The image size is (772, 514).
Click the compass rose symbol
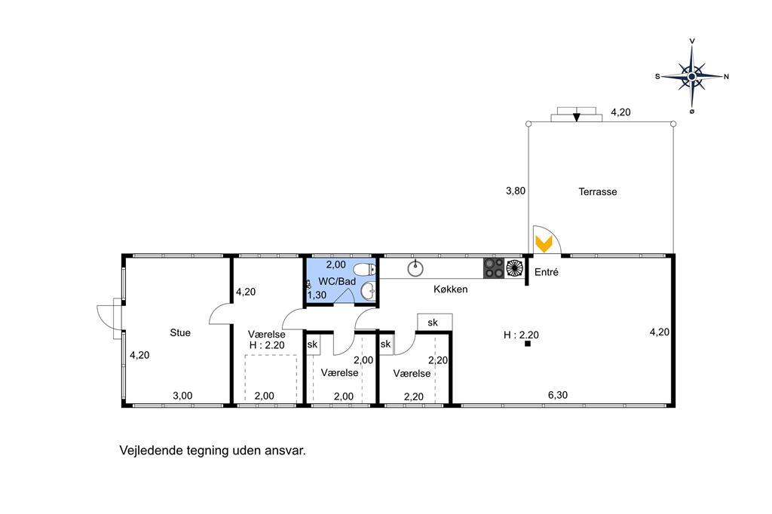[x=692, y=76]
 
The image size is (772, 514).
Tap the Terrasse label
[x=598, y=191]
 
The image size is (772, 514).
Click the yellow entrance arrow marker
[x=544, y=243]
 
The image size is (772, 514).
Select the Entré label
[x=547, y=272]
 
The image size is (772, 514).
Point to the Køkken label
[x=451, y=289]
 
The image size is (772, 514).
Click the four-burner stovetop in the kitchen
[x=494, y=268]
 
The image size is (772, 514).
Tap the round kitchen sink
[x=415, y=268]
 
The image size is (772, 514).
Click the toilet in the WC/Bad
[x=365, y=269]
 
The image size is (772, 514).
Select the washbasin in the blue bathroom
[x=368, y=291]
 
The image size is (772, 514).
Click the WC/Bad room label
[x=337, y=282]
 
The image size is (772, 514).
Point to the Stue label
[x=180, y=333]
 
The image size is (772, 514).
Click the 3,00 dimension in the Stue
[x=182, y=396]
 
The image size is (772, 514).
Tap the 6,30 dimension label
[x=558, y=395]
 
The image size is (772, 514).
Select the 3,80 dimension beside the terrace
[x=516, y=191]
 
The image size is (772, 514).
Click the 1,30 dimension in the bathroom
[x=317, y=295]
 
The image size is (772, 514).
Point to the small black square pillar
[x=528, y=344]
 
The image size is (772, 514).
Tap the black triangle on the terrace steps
[x=577, y=117]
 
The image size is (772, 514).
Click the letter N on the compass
[x=726, y=76]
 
